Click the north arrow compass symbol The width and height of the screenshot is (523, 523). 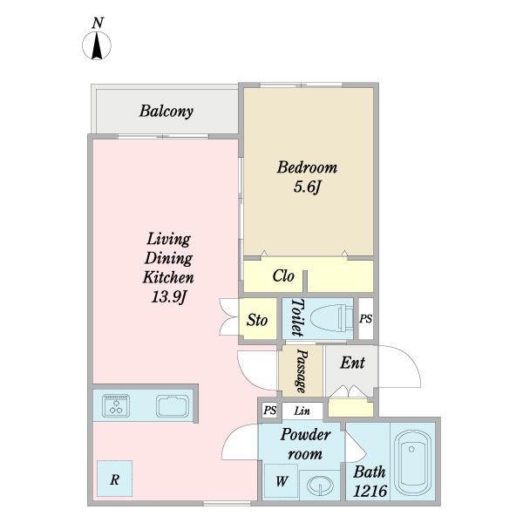pos(97,45)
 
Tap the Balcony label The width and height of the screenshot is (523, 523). pos(166,112)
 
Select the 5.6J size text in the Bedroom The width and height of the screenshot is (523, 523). pos(307,187)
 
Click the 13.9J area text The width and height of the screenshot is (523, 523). pos(168,296)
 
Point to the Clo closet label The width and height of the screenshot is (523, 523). pos(283,275)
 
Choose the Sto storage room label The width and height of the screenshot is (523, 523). pos(257,320)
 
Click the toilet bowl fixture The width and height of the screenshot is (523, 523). pos(331,318)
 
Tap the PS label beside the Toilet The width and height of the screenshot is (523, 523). pos(365,319)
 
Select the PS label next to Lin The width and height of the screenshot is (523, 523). pos(270,410)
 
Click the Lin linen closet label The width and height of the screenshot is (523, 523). pos(302,411)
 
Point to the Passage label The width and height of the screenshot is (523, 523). pos(302,371)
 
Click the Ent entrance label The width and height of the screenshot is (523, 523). pos(352,363)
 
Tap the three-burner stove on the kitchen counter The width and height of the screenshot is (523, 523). pos(116,405)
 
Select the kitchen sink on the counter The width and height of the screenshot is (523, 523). pos(173,406)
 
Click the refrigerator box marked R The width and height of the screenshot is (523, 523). pos(115,479)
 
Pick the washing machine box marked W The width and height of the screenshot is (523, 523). pos(281,481)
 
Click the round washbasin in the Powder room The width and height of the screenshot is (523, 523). pos(320,486)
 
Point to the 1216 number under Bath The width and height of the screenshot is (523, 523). pos(370,491)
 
